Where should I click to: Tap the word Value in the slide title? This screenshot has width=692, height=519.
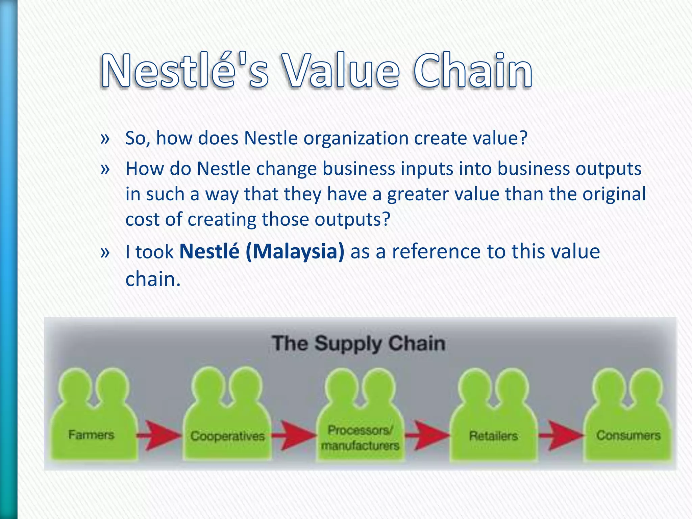pos(341,71)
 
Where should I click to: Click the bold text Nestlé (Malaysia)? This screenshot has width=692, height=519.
pos(262,251)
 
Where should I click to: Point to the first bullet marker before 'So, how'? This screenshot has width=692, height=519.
pos(105,139)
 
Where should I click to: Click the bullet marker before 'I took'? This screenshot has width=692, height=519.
pos(105,252)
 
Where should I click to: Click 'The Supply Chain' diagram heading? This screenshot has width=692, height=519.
pos(359,343)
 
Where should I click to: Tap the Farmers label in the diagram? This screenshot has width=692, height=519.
pos(91,435)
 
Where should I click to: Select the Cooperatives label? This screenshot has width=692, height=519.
pos(227,436)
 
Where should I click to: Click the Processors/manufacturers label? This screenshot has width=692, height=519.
pos(360,438)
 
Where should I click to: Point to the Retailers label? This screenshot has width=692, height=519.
pos(493,436)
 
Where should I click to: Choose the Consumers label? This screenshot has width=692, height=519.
pos(628,435)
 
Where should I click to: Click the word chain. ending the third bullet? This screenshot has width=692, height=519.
pos(153,280)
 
